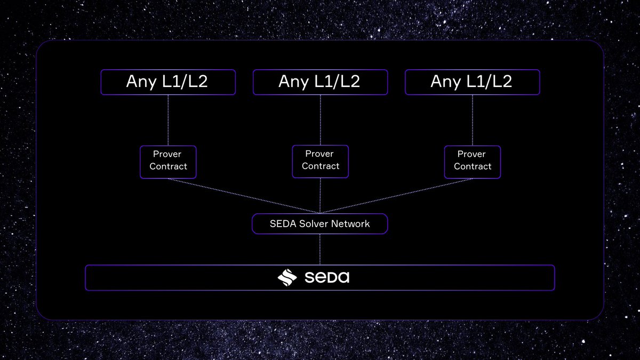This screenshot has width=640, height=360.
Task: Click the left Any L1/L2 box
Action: pyautogui.click(x=168, y=82)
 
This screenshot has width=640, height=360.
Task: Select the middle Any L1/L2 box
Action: pyautogui.click(x=320, y=82)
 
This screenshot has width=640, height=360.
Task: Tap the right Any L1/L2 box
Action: pyautogui.click(x=472, y=82)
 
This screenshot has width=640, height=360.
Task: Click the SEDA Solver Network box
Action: pyautogui.click(x=320, y=224)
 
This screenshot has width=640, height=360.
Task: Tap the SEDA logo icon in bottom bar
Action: pyautogui.click(x=287, y=278)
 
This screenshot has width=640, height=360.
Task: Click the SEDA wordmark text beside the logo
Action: pyautogui.click(x=327, y=278)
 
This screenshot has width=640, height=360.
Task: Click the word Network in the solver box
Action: pyautogui.click(x=350, y=224)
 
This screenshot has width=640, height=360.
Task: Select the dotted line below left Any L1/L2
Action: pyautogui.click(x=168, y=120)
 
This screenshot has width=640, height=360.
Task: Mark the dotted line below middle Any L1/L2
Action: pyautogui.click(x=320, y=120)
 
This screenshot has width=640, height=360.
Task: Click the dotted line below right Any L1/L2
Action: pyautogui.click(x=472, y=120)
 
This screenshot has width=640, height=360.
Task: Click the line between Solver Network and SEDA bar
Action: pyautogui.click(x=320, y=249)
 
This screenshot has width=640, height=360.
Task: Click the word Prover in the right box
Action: pyautogui.click(x=471, y=154)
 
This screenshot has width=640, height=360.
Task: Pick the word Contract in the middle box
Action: pyautogui.click(x=320, y=166)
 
